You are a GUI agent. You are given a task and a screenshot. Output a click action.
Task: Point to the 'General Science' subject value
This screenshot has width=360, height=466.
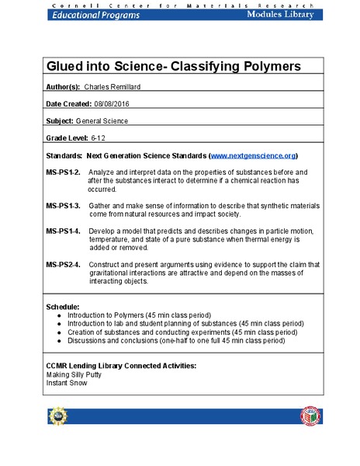103,121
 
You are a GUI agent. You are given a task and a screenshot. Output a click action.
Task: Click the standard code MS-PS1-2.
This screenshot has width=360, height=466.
64,171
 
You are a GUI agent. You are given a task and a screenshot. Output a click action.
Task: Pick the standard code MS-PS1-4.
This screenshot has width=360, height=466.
64,231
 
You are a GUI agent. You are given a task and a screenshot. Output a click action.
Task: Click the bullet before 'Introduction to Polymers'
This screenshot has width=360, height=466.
60,316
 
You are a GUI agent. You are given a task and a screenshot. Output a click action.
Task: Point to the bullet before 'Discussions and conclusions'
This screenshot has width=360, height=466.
60,340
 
